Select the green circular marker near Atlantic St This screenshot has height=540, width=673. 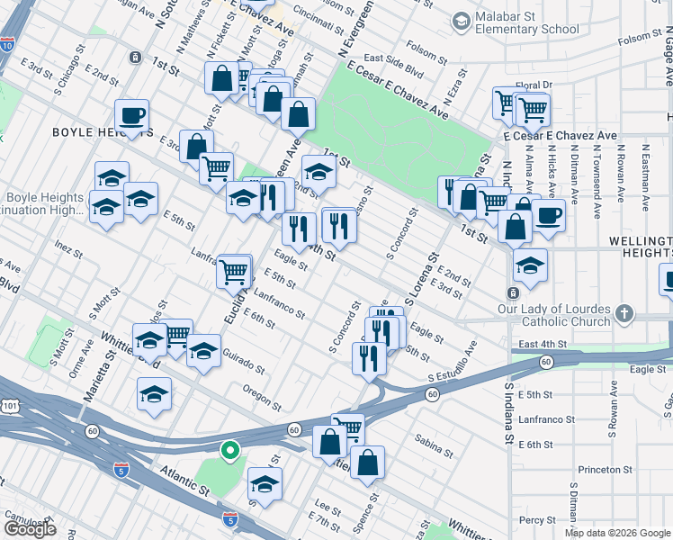coord(230,451)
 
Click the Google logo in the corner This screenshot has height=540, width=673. coord(30,529)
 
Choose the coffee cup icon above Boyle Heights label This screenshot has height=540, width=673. coord(131,117)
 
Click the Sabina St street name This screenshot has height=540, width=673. coord(433,441)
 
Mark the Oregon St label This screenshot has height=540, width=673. coord(263,392)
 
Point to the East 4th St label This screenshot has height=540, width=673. coord(543,344)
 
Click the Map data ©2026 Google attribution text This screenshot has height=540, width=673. coord(617,533)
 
